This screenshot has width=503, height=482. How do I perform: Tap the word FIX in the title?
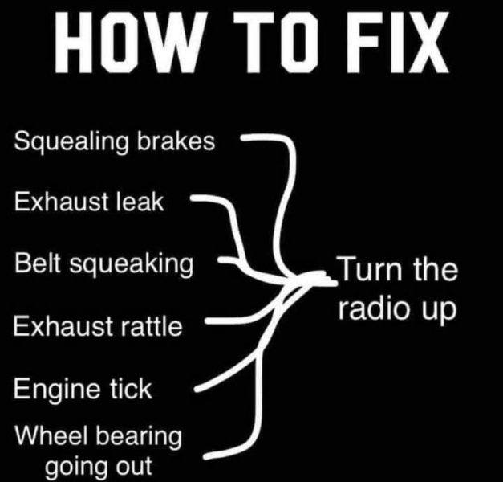pos(397,43)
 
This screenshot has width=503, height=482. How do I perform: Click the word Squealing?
pos(71,142)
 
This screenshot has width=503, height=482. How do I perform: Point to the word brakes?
pos(176,141)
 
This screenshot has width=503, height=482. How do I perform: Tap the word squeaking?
pos(132,264)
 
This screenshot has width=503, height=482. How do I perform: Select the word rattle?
pos(152,326)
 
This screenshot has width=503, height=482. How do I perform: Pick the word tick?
pos(132,388)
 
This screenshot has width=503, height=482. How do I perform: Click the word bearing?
pos(139,437)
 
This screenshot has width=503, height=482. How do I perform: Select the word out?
pos(134,466)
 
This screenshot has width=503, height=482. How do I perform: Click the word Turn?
pos(371,268)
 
